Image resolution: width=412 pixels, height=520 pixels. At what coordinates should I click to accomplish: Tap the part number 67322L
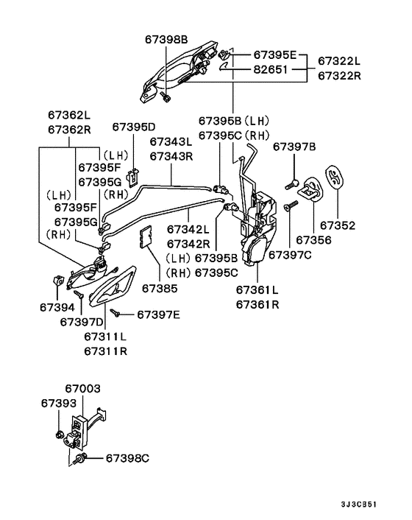(x=341, y=60)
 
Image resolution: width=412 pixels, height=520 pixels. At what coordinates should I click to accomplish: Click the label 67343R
(x=171, y=155)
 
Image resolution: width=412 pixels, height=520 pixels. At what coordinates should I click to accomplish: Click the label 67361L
(x=257, y=289)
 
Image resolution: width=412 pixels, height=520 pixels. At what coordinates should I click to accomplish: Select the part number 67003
(x=82, y=388)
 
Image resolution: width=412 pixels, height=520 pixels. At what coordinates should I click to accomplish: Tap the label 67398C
(x=127, y=458)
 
